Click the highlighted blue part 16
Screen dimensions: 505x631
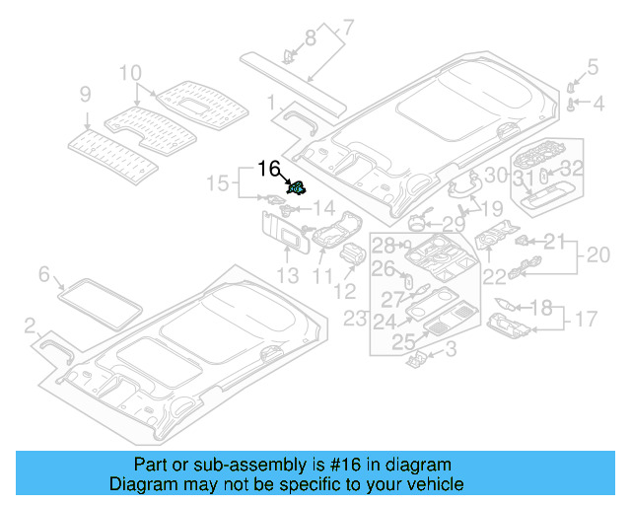coord(296,187)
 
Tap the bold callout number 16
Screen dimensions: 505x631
coord(269,169)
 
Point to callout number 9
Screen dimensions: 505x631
coord(85,95)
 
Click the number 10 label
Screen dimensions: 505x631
coord(131,72)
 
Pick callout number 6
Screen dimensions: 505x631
coord(43,273)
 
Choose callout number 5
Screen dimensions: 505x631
coord(593,67)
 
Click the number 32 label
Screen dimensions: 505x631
coord(573,169)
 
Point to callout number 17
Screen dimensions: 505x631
coord(587,320)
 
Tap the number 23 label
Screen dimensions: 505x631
coord(355,319)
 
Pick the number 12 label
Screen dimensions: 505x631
coord(345,291)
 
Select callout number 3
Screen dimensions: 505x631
coord(450,349)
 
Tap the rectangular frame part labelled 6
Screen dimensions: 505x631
coord(96,300)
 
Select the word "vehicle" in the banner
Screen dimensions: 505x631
coord(431,484)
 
